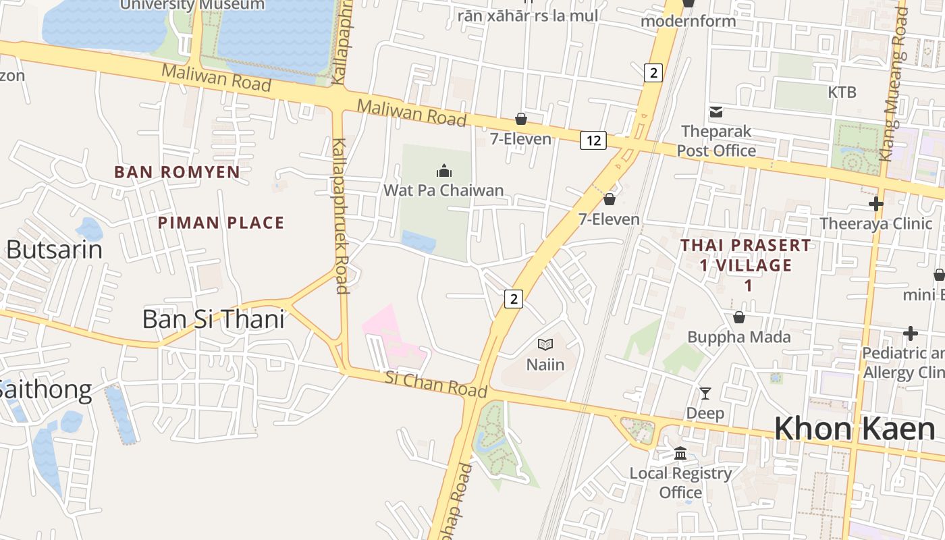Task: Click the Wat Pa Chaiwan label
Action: click(x=443, y=190)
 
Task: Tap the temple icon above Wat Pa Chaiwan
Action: click(x=443, y=171)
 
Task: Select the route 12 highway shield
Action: click(x=593, y=140)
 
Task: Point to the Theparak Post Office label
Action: click(x=716, y=140)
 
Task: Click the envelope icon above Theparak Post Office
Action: click(x=715, y=111)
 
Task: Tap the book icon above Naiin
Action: click(x=545, y=345)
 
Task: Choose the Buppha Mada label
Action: click(x=738, y=336)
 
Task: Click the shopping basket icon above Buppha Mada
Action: click(x=739, y=317)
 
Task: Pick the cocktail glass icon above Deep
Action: click(x=705, y=393)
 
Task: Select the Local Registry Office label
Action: click(x=680, y=483)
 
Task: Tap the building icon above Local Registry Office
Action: click(x=680, y=453)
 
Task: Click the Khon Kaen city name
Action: click(x=854, y=429)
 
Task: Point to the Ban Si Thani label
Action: click(x=213, y=319)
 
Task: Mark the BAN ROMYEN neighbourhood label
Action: click(x=177, y=172)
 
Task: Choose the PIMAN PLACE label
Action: click(x=221, y=223)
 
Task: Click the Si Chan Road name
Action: click(x=435, y=383)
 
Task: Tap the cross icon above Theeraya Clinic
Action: click(x=875, y=204)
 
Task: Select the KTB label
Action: click(x=842, y=92)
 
